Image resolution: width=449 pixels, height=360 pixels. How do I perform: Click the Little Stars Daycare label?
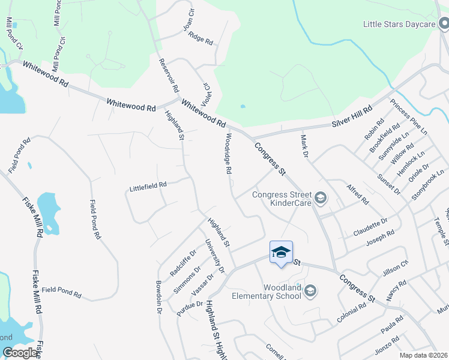(x=399, y=25)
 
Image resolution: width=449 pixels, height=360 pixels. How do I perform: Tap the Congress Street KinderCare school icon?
(x=321, y=197)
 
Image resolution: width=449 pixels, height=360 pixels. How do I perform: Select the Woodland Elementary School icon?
(x=310, y=292)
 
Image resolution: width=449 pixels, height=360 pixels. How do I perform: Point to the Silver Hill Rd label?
(x=352, y=117)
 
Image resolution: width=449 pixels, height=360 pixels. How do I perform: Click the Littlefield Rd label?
(x=148, y=187)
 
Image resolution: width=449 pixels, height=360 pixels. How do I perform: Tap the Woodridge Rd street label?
(x=229, y=154)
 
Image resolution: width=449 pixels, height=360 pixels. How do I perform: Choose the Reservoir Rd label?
(x=169, y=76)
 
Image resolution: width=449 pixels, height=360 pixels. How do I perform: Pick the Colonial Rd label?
(x=352, y=313)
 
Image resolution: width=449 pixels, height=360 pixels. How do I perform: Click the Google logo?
(x=20, y=353)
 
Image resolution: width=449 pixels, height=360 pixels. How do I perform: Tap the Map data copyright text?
(x=423, y=355)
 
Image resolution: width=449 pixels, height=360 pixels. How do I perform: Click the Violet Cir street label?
(x=206, y=94)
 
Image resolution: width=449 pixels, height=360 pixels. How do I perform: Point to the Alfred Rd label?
(x=357, y=194)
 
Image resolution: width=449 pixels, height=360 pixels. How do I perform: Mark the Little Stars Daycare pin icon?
(x=444, y=24)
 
